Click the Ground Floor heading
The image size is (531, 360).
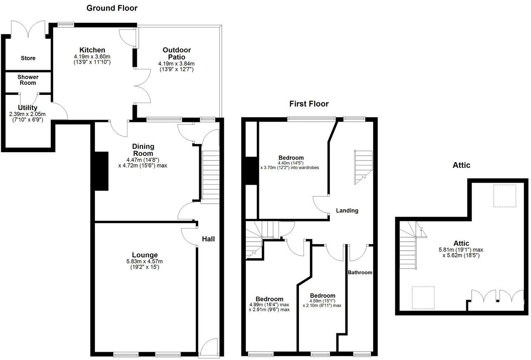[x=112, y=8]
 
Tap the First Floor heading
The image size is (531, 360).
[x=309, y=104]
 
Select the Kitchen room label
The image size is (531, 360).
[x=92, y=50]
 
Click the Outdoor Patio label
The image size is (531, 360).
[x=176, y=53]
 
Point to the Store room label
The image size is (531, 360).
[x=28, y=58]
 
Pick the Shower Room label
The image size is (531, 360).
[x=28, y=80]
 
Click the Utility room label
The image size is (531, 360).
[x=28, y=108]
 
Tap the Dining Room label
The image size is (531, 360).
[x=143, y=150]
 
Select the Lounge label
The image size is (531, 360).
[x=145, y=255]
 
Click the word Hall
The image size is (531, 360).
[x=208, y=239]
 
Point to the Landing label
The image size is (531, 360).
[x=347, y=210]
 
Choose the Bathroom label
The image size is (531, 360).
[x=360, y=273]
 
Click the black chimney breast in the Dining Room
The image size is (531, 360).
[x=101, y=170]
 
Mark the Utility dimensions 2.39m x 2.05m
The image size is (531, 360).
[x=28, y=114]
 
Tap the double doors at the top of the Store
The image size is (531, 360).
[x=28, y=29]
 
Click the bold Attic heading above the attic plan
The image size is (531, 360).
[x=462, y=165]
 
